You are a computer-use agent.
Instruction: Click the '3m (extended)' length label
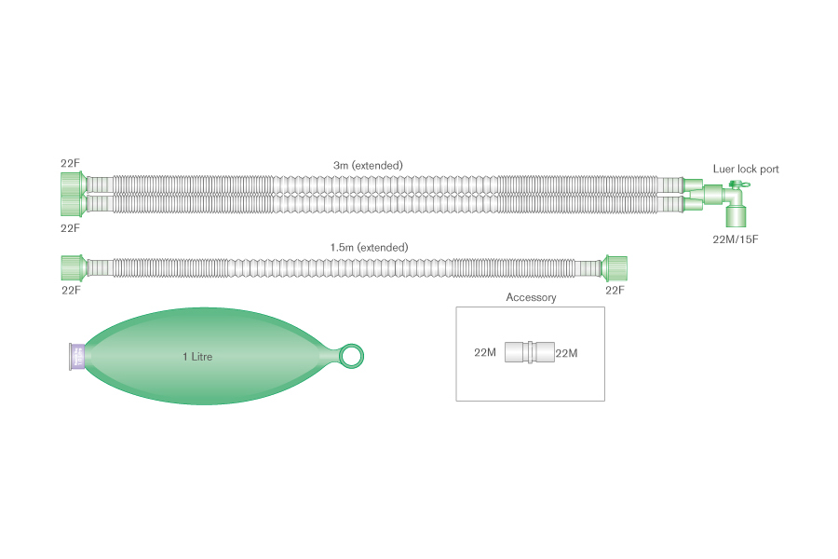(x=368, y=166)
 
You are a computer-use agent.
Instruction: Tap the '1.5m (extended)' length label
(x=369, y=248)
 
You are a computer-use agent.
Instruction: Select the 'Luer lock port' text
(x=746, y=169)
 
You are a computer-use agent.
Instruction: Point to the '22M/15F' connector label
(x=735, y=239)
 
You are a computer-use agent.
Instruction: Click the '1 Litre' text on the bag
(x=197, y=357)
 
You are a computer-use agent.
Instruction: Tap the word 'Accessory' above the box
(x=531, y=297)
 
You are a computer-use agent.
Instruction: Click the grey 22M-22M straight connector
(x=530, y=352)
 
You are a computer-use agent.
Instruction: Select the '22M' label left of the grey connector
(x=485, y=352)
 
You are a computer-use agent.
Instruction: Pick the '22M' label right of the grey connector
(x=566, y=353)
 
